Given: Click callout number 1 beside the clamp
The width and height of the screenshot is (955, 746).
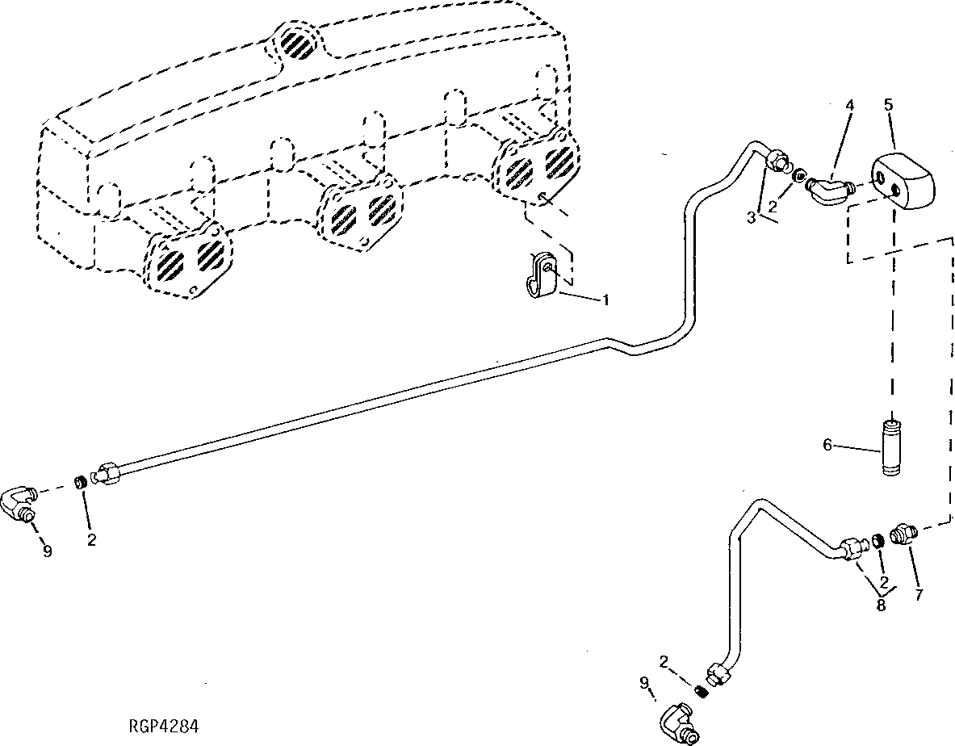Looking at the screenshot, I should pyautogui.click(x=603, y=300).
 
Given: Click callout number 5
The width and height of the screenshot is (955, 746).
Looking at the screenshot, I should pyautogui.click(x=889, y=104).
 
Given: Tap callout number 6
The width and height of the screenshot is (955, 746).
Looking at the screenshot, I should pyautogui.click(x=827, y=445).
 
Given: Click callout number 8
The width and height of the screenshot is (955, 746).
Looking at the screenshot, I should pyautogui.click(x=881, y=605).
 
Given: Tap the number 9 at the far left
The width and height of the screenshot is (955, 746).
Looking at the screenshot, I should pyautogui.click(x=47, y=551).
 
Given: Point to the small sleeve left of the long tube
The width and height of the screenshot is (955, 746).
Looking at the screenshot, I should pyautogui.click(x=81, y=483).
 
